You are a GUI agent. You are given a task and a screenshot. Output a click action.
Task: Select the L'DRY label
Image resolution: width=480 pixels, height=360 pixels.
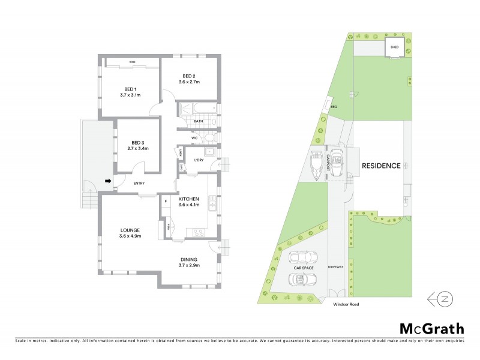click(199, 160)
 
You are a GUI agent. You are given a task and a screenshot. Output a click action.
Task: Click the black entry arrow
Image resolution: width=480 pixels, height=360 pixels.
click(108, 180)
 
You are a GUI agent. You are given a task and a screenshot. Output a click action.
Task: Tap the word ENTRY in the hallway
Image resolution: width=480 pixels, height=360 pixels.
click(139, 184)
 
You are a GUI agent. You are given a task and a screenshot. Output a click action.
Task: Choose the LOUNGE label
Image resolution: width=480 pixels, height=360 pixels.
click(130, 230)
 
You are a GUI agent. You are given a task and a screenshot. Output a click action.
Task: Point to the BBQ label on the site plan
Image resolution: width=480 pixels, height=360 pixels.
click(334, 106)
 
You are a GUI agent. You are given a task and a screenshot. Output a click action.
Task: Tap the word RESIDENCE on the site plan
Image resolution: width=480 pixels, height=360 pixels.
click(380, 166)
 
